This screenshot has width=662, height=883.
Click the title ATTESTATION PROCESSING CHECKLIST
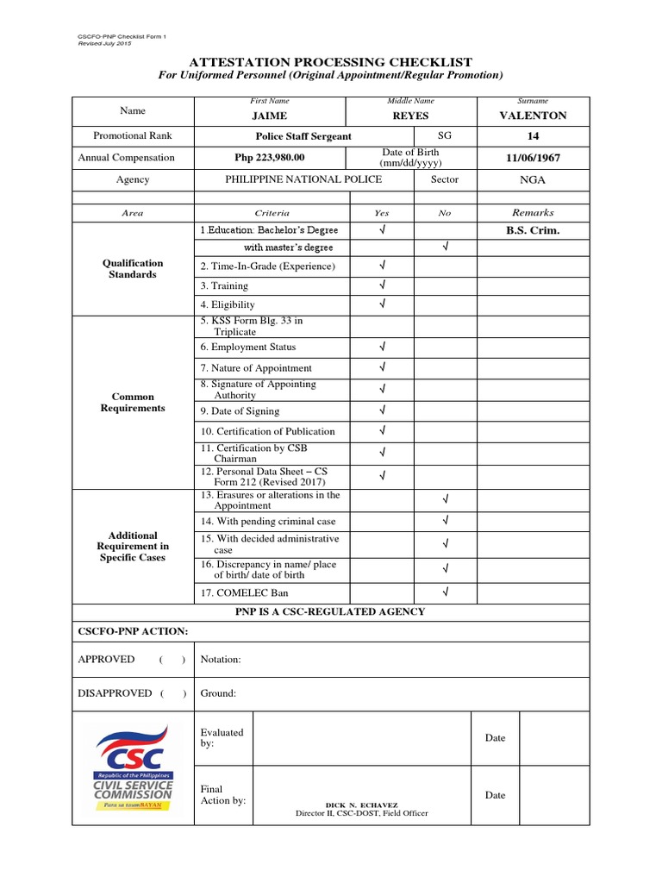click(x=331, y=61)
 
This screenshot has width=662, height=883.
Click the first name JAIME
click(x=269, y=116)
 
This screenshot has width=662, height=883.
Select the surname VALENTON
click(x=533, y=116)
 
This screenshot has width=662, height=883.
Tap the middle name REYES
click(x=409, y=116)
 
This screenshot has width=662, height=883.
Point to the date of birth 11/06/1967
click(x=533, y=158)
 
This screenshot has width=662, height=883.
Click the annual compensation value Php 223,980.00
click(x=270, y=158)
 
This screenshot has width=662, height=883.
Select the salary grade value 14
click(x=533, y=136)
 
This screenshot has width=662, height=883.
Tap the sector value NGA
click(x=533, y=179)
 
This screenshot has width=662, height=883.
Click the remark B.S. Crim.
click(x=533, y=230)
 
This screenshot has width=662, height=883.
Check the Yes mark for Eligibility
click(x=382, y=304)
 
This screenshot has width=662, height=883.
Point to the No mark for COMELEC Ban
click(x=446, y=592)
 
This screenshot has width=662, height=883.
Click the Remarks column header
click(x=533, y=212)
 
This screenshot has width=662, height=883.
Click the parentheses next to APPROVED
click(x=172, y=660)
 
